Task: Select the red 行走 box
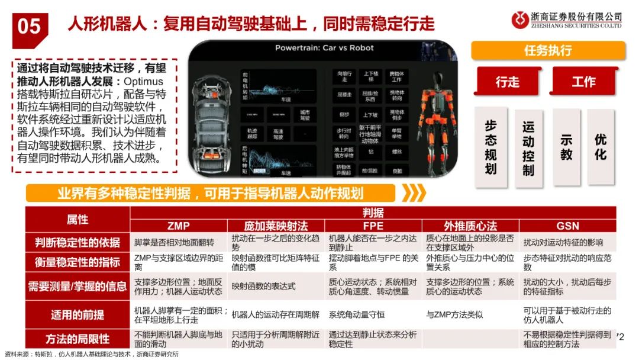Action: pos(507,82)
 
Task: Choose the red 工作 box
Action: pos(583,82)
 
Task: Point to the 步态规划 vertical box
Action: pos(490,146)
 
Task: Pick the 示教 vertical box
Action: pos(566,146)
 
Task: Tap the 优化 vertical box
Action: pos(601,146)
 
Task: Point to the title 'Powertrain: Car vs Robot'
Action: pos(324,48)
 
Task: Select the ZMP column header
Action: pos(178,226)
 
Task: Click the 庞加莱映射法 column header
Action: pos(276,226)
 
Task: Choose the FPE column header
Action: pos(373,226)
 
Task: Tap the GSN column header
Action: pos(567,226)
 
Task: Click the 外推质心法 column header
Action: pos(470,226)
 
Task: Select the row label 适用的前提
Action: pos(77,314)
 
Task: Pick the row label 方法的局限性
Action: pos(77,339)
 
